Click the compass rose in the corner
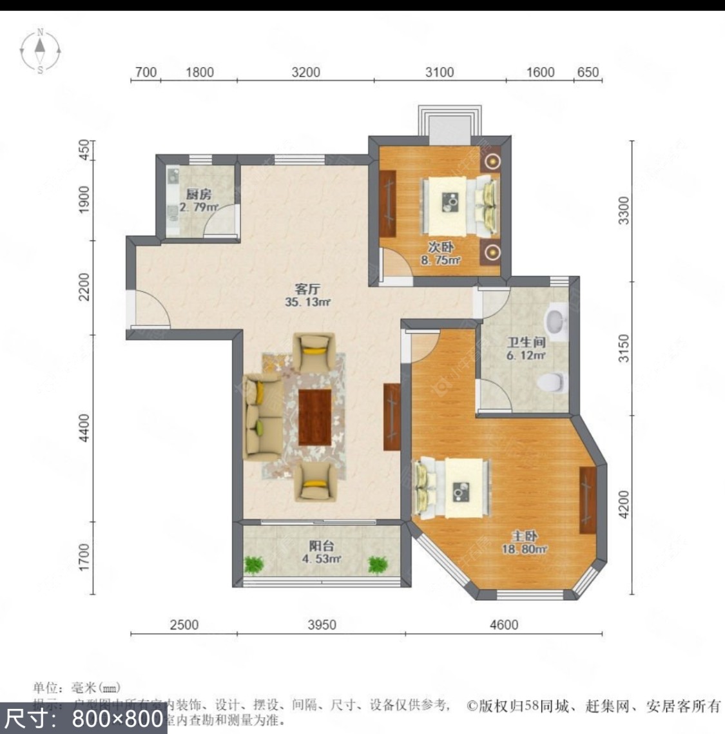tap(40, 50)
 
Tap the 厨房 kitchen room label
tap(198, 194)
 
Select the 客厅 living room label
tap(307, 289)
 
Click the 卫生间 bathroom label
tap(525, 342)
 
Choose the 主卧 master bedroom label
tap(525, 536)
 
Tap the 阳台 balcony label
tap(321, 546)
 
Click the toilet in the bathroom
tap(550, 382)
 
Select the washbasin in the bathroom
tap(556, 320)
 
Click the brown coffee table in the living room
tap(315, 417)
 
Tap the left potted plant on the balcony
tap(255, 565)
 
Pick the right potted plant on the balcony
tap(377, 565)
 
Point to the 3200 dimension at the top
tap(305, 72)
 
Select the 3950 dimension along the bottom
tap(321, 624)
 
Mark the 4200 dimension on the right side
tap(623, 505)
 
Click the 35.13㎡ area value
tap(307, 302)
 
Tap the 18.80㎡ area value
tap(525, 549)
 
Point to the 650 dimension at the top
tap(587, 72)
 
